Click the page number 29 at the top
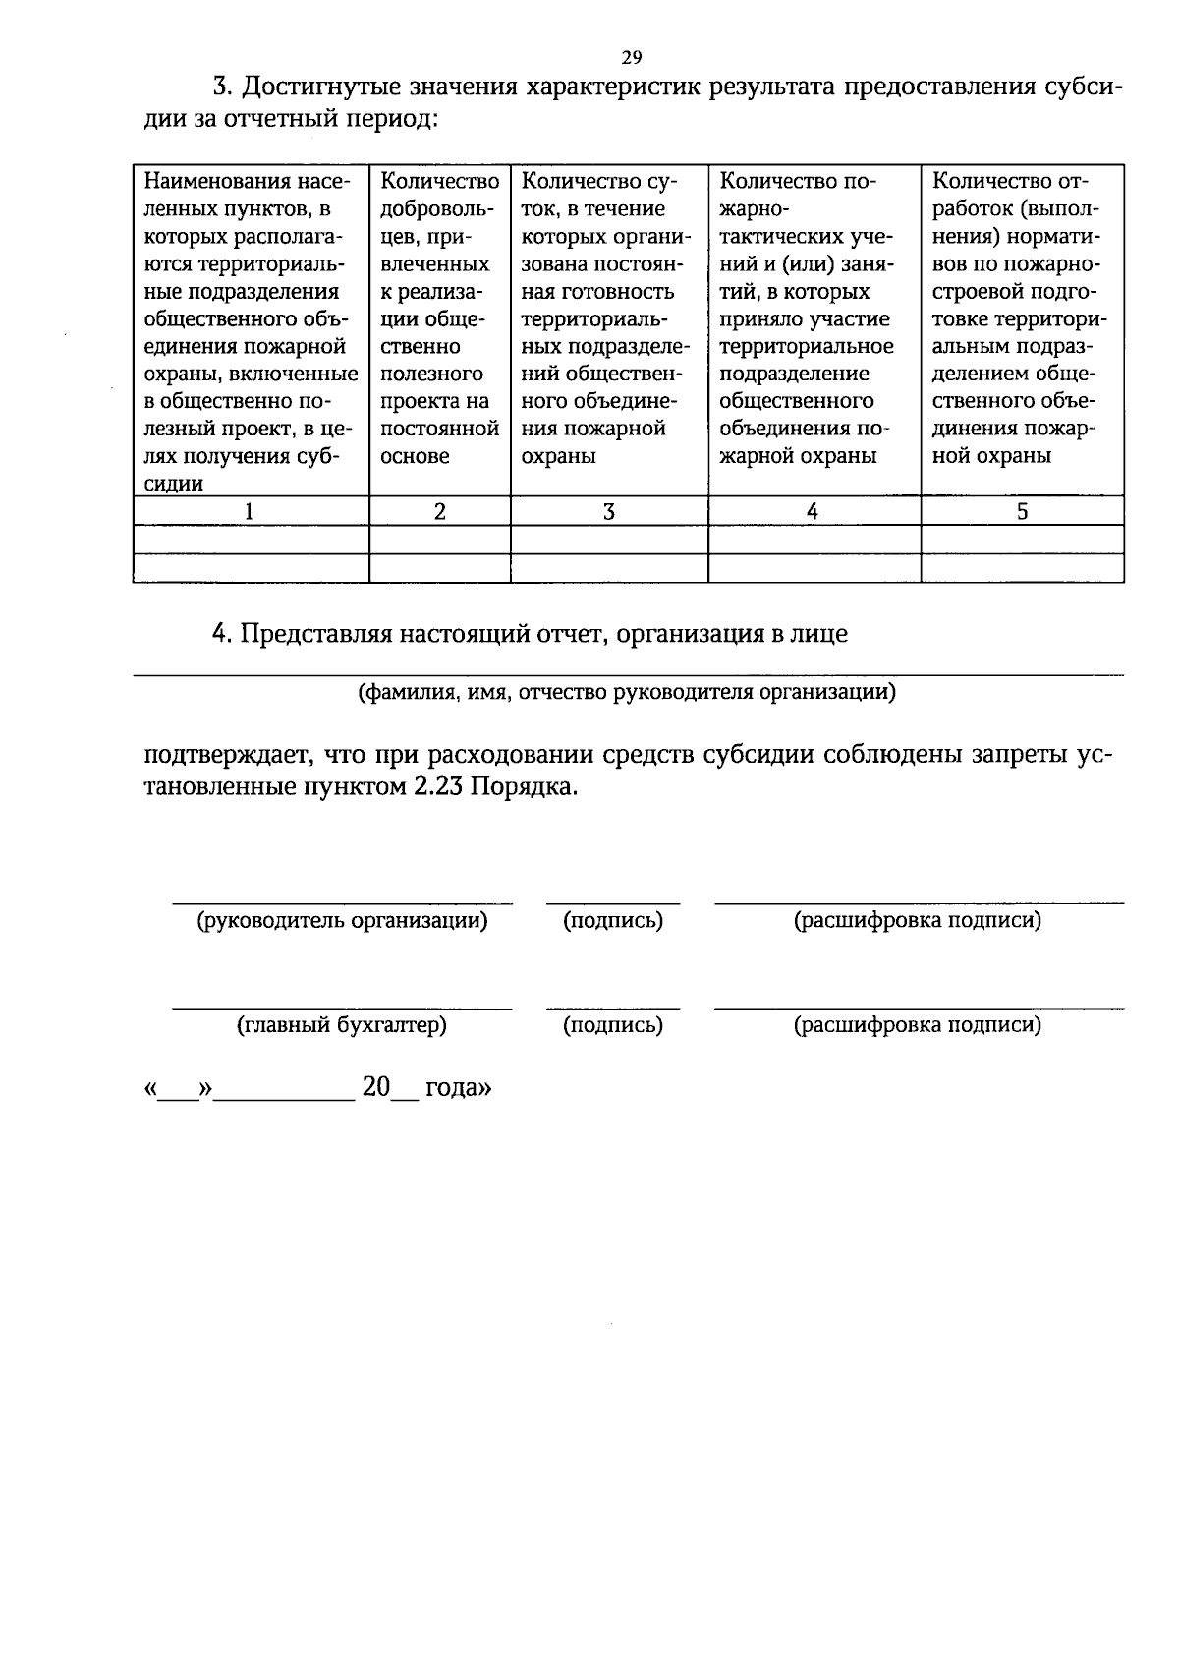click(x=631, y=56)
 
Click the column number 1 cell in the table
click(x=249, y=511)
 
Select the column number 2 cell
click(x=439, y=511)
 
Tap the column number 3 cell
click(x=608, y=511)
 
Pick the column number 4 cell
click(x=813, y=511)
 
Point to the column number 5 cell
click(x=1022, y=511)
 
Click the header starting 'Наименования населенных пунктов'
click(x=250, y=331)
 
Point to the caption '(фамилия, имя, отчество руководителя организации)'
click(x=627, y=691)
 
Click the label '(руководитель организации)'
click(x=342, y=921)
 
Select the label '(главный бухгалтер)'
click(x=342, y=1025)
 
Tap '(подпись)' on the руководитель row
click(x=612, y=921)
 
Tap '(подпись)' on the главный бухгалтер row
click(x=612, y=1025)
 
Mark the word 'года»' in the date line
click(x=458, y=1088)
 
